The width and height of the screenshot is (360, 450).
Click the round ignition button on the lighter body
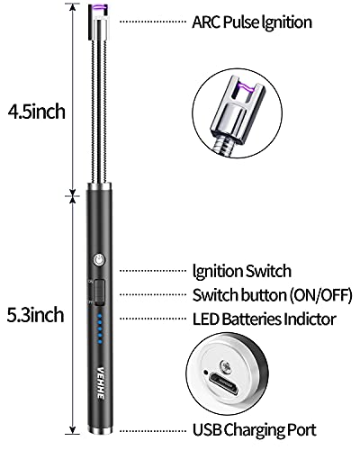pyautogui.click(x=99, y=261)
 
